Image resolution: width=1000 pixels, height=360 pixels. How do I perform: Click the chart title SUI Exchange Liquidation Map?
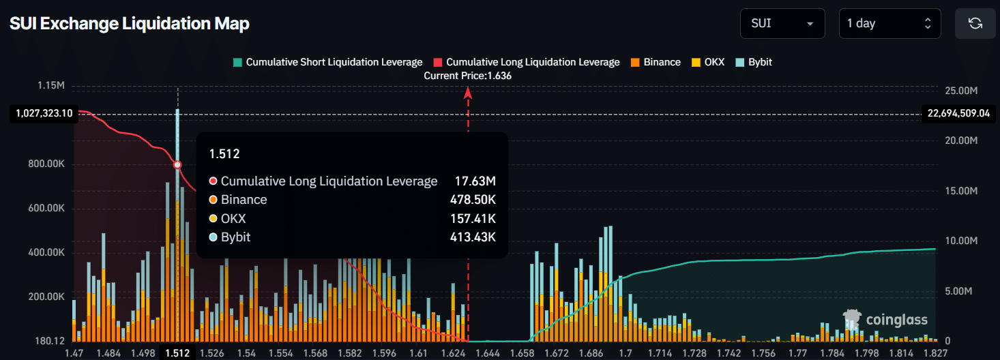pyautogui.click(x=130, y=24)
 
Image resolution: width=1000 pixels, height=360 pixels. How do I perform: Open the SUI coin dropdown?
pyautogui.click(x=782, y=23)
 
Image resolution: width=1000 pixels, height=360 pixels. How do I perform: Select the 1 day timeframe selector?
pyautogui.click(x=889, y=23)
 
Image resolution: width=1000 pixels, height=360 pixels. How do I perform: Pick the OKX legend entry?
pyautogui.click(x=708, y=62)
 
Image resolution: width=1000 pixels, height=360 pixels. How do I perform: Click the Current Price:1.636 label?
pyautogui.click(x=467, y=76)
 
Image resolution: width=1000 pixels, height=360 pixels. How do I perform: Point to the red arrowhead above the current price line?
pyautogui.click(x=468, y=93)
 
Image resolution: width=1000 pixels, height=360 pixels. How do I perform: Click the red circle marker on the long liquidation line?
pyautogui.click(x=177, y=165)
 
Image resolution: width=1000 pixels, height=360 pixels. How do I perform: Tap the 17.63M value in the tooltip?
pyautogui.click(x=475, y=181)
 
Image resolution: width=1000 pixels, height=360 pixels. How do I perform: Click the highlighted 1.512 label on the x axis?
pyautogui.click(x=177, y=352)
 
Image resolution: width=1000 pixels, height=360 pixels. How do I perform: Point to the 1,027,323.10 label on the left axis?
pyautogui.click(x=42, y=113)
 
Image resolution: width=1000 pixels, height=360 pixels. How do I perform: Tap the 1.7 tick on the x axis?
pyautogui.click(x=625, y=352)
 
